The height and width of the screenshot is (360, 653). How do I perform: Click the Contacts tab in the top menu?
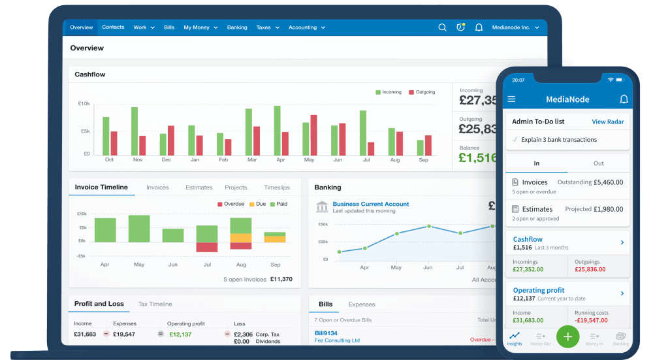(113, 27)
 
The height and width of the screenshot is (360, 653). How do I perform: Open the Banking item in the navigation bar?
(237, 27)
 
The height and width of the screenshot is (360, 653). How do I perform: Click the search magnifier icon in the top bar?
(442, 27)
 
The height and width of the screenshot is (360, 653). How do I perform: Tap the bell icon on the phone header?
(623, 99)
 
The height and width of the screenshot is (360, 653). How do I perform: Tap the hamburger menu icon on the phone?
(511, 99)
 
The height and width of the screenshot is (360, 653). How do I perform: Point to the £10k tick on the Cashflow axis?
(84, 104)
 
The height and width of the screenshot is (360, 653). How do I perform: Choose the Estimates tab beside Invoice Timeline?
(199, 188)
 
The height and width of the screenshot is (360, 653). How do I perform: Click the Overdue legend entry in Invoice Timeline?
(231, 204)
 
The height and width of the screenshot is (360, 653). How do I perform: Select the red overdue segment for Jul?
(207, 247)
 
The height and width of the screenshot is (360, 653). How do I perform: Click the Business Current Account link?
(370, 204)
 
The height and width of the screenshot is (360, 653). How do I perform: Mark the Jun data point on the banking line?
(428, 226)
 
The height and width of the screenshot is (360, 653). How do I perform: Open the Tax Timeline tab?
(155, 304)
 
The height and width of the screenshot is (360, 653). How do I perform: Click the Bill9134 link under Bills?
(326, 333)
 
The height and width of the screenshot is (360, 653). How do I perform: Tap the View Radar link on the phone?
(607, 122)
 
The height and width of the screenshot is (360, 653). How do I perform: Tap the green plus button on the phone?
(567, 336)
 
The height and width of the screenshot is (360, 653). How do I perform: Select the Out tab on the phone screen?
(598, 163)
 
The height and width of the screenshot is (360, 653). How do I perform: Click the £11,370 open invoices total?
(281, 279)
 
